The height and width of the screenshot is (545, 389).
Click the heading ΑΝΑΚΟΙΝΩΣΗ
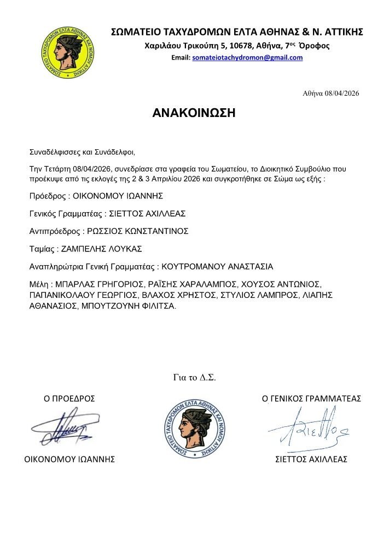194,113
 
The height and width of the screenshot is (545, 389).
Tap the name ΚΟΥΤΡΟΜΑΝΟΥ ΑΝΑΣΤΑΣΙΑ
217,267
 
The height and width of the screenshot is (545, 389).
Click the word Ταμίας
42,249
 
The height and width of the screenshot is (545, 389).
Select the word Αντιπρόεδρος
54,231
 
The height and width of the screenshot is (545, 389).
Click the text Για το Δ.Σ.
194,377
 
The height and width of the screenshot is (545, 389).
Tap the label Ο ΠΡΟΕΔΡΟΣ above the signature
69,399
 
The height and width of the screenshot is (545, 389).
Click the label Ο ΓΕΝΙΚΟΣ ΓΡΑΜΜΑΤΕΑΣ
311,399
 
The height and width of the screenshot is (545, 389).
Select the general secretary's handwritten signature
307,429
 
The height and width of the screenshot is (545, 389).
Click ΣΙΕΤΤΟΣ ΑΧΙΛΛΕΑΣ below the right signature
311,459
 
